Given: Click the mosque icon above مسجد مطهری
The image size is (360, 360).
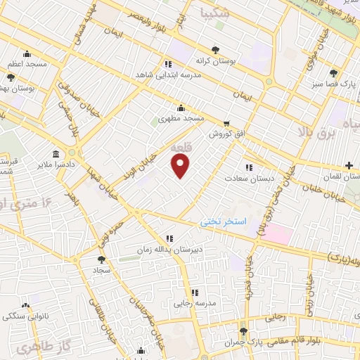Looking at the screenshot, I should click(x=181, y=108).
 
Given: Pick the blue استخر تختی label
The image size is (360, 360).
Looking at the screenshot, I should click(x=224, y=221).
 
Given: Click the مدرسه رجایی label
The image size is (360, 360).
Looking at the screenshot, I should click(x=194, y=304).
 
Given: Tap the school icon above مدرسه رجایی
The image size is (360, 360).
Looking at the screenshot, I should click(x=195, y=292).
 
